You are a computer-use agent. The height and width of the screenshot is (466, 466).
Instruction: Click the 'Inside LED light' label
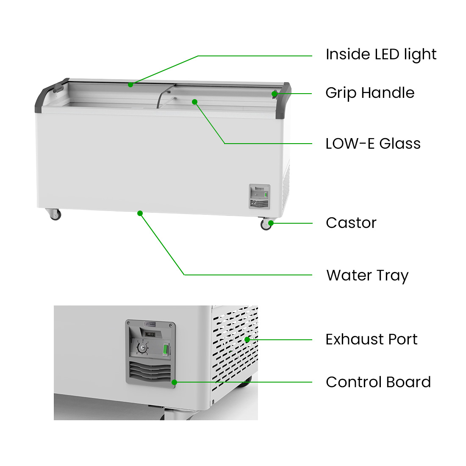381,54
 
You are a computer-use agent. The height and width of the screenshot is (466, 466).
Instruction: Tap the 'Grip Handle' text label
370,93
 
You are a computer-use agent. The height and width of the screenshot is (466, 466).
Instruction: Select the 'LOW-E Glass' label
373,144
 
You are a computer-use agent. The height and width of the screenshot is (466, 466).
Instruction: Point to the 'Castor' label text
351,223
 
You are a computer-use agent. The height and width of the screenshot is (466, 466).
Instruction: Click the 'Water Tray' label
367,276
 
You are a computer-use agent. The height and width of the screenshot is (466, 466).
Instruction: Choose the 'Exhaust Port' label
372,339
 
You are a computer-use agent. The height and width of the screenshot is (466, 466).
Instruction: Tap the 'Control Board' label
378,382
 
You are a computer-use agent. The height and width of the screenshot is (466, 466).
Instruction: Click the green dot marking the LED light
130,85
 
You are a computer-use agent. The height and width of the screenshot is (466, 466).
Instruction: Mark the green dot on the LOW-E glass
195,102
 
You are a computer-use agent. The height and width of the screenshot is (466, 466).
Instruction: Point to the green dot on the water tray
140,214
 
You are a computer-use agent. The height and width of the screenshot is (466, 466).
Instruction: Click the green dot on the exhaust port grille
247,339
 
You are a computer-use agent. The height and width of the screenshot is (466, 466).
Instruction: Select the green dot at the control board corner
175,382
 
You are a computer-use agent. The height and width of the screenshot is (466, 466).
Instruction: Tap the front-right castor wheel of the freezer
266,224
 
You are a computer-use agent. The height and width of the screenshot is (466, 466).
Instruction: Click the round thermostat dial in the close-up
142,348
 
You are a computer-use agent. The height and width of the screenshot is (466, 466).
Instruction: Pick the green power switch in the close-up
166,349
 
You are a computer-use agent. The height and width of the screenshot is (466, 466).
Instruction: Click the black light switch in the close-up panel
150,334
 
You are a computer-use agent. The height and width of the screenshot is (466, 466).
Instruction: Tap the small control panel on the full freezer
259,196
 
